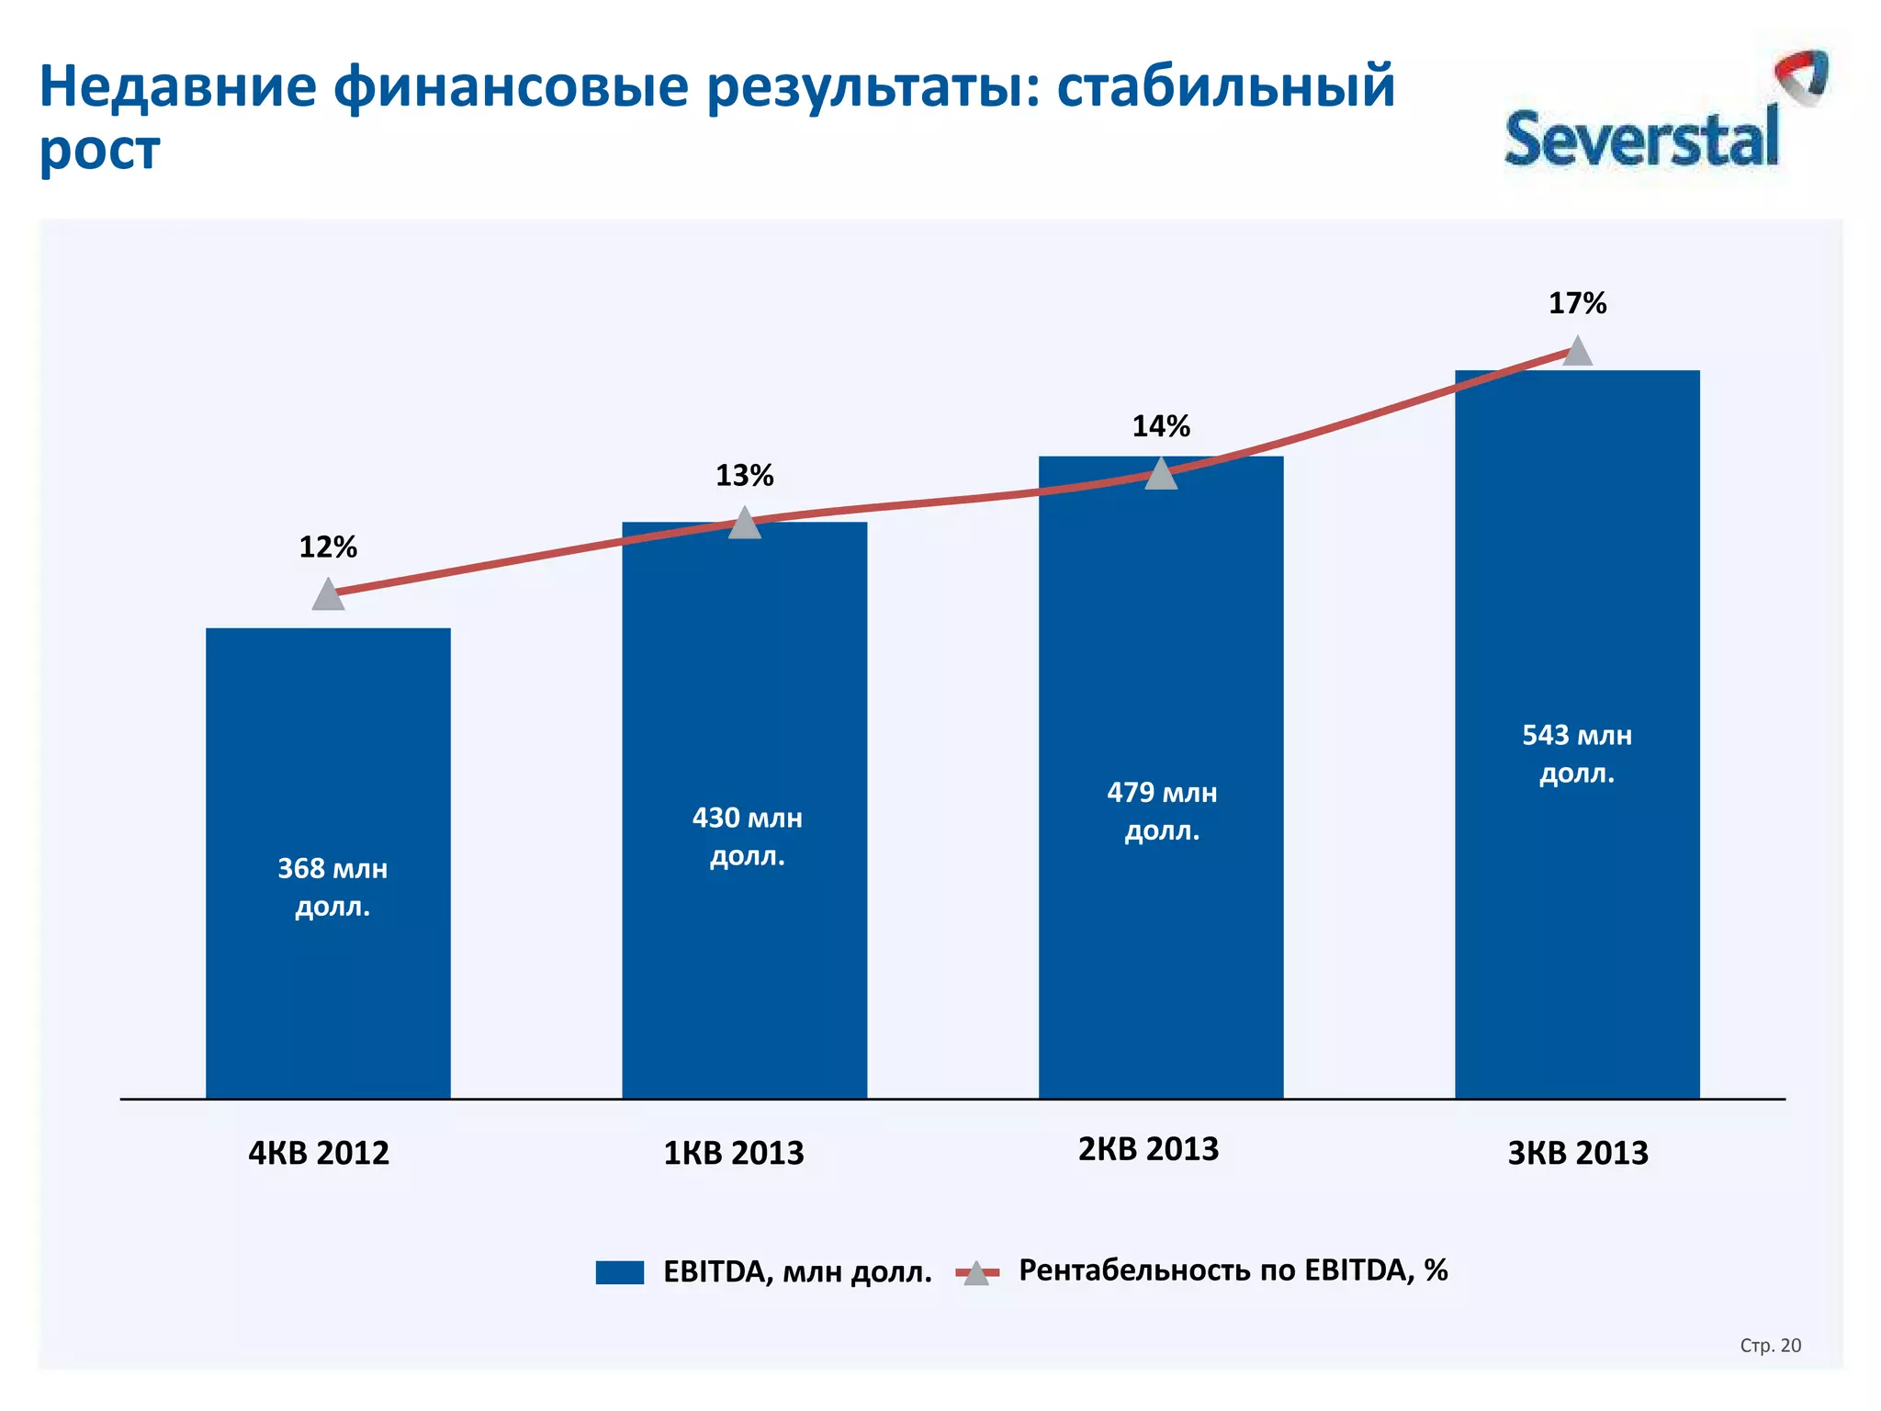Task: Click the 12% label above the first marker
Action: pos(328,547)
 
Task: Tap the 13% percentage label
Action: pos(744,476)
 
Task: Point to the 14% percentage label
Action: pos(1160,426)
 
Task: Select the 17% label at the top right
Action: pos(1577,303)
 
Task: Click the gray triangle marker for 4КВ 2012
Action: pos(328,595)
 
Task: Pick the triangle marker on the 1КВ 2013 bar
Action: pos(744,524)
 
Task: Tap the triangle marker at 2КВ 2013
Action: pos(1161,475)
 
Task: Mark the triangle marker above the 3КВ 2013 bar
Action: pos(1577,352)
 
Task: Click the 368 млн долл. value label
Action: pos(332,887)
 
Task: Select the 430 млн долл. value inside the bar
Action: pos(747,837)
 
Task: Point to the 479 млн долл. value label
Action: pos(1162,811)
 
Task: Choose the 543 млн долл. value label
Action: pos(1577,754)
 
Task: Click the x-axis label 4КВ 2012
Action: pos(319,1153)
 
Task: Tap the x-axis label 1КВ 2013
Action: pos(734,1153)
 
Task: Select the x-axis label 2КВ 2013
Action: pos(1148,1149)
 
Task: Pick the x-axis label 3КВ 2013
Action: pos(1578,1153)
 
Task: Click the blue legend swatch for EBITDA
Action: pos(619,1272)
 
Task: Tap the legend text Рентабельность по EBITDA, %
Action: pos(1233,1270)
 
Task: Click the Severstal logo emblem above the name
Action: pos(1801,76)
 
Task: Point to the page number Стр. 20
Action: pos(1770,1346)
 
